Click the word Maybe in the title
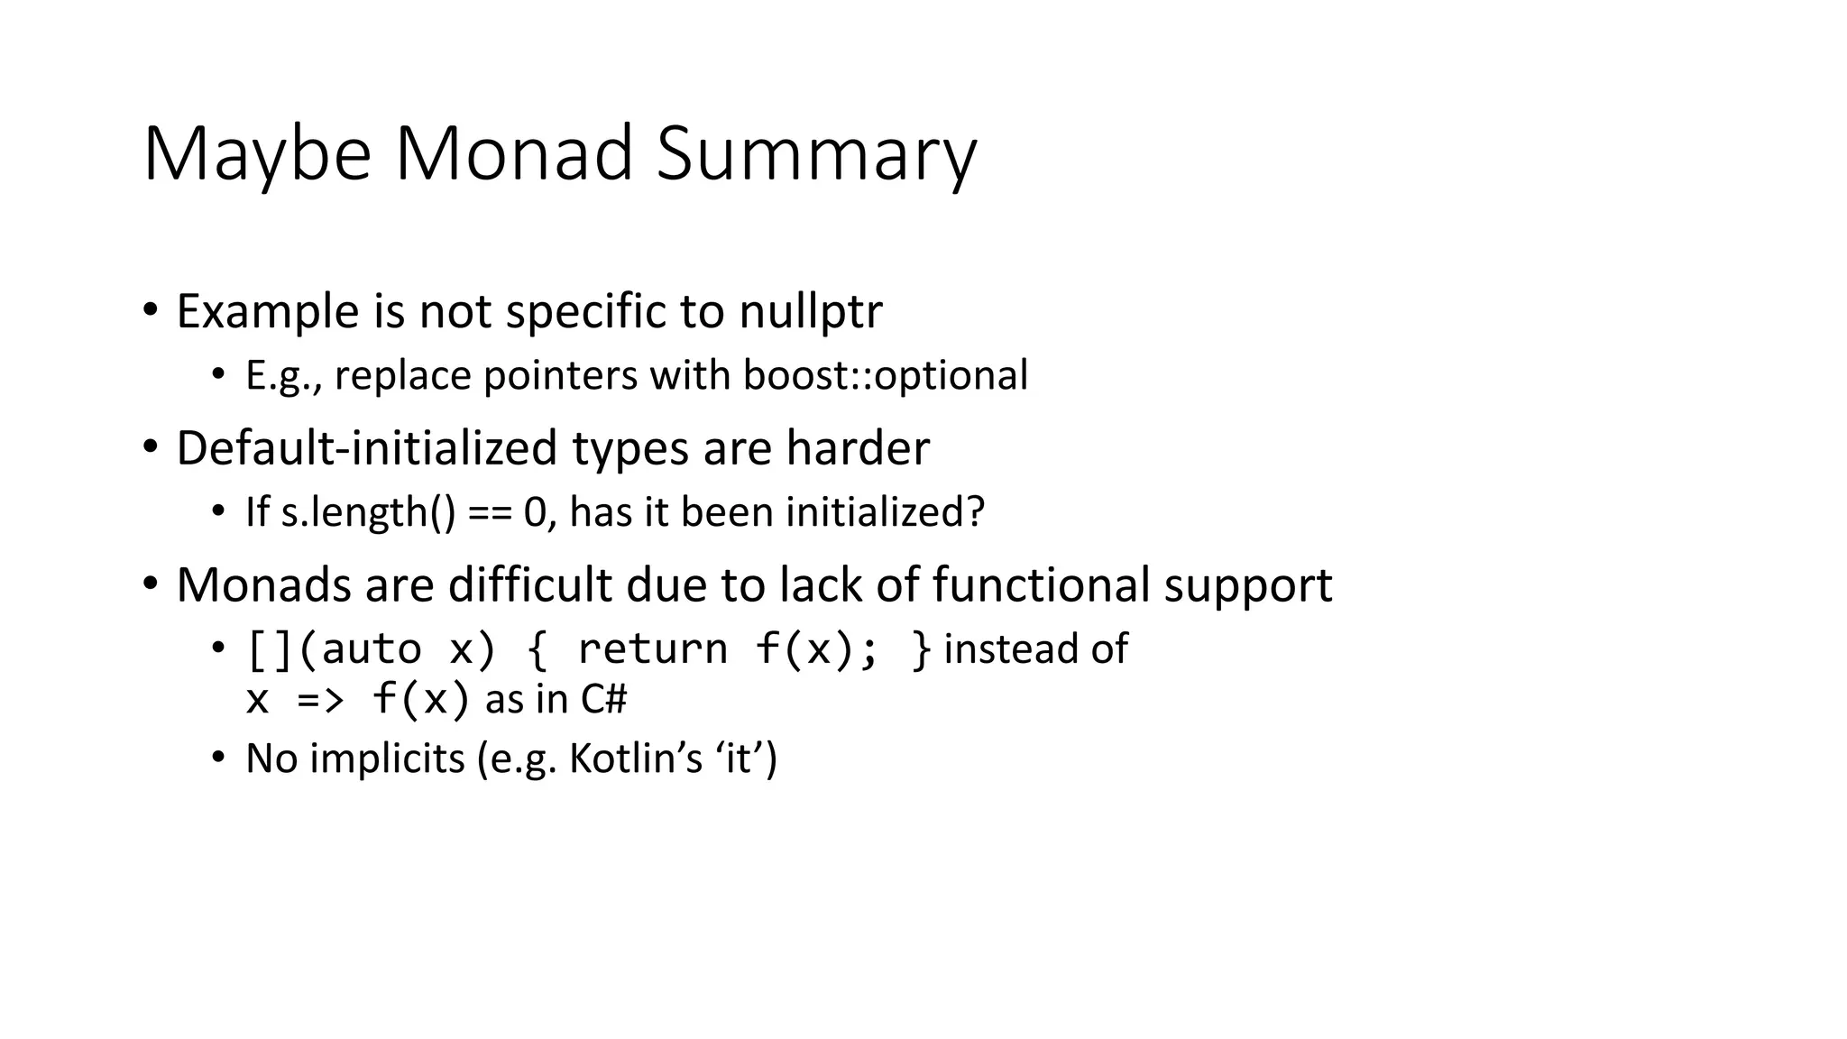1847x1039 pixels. tap(257, 155)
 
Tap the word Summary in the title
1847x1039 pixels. tap(816, 155)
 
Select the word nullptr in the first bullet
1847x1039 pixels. tap(810, 312)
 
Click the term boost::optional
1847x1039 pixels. tap(885, 376)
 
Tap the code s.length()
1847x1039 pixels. tap(368, 513)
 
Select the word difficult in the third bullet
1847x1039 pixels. tap(530, 585)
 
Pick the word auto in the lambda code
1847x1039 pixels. tap(372, 649)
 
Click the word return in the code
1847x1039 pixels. tap(652, 649)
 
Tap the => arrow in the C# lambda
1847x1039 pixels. tap(321, 700)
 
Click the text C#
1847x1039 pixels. tap(603, 700)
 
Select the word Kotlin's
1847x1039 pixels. tap(636, 759)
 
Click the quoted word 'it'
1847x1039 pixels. tap(739, 759)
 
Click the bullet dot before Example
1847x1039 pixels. tap(150, 310)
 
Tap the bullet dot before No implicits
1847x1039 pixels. tap(217, 758)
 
